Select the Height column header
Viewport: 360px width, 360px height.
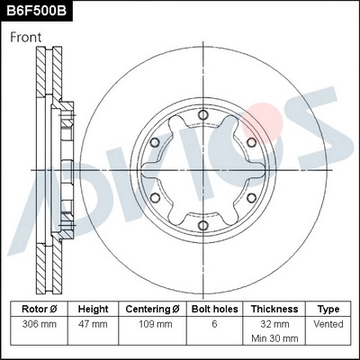(x=93, y=309)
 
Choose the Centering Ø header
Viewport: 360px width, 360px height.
(x=152, y=309)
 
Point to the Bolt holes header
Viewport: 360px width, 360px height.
(x=213, y=309)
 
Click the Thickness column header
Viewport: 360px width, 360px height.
(x=274, y=309)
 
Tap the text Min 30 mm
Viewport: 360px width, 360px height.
(x=274, y=339)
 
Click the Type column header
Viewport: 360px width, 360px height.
(x=328, y=309)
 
